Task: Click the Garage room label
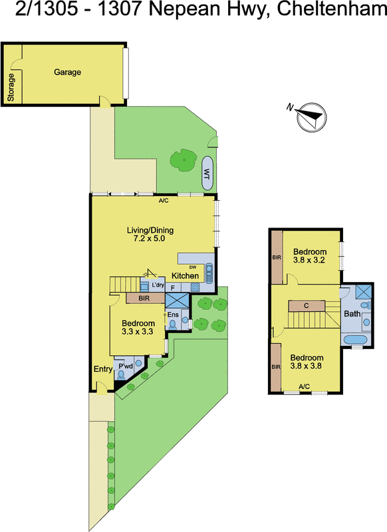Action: click(68, 72)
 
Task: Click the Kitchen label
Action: click(185, 276)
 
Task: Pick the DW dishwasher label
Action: click(192, 267)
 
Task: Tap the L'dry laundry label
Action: click(158, 285)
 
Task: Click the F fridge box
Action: click(173, 287)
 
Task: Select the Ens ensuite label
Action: click(172, 315)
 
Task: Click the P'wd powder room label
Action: click(125, 366)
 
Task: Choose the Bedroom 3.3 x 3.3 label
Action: click(138, 327)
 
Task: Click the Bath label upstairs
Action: click(352, 313)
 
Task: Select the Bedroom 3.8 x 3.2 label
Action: click(311, 255)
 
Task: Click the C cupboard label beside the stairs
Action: click(305, 305)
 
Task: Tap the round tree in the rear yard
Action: click(180, 160)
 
